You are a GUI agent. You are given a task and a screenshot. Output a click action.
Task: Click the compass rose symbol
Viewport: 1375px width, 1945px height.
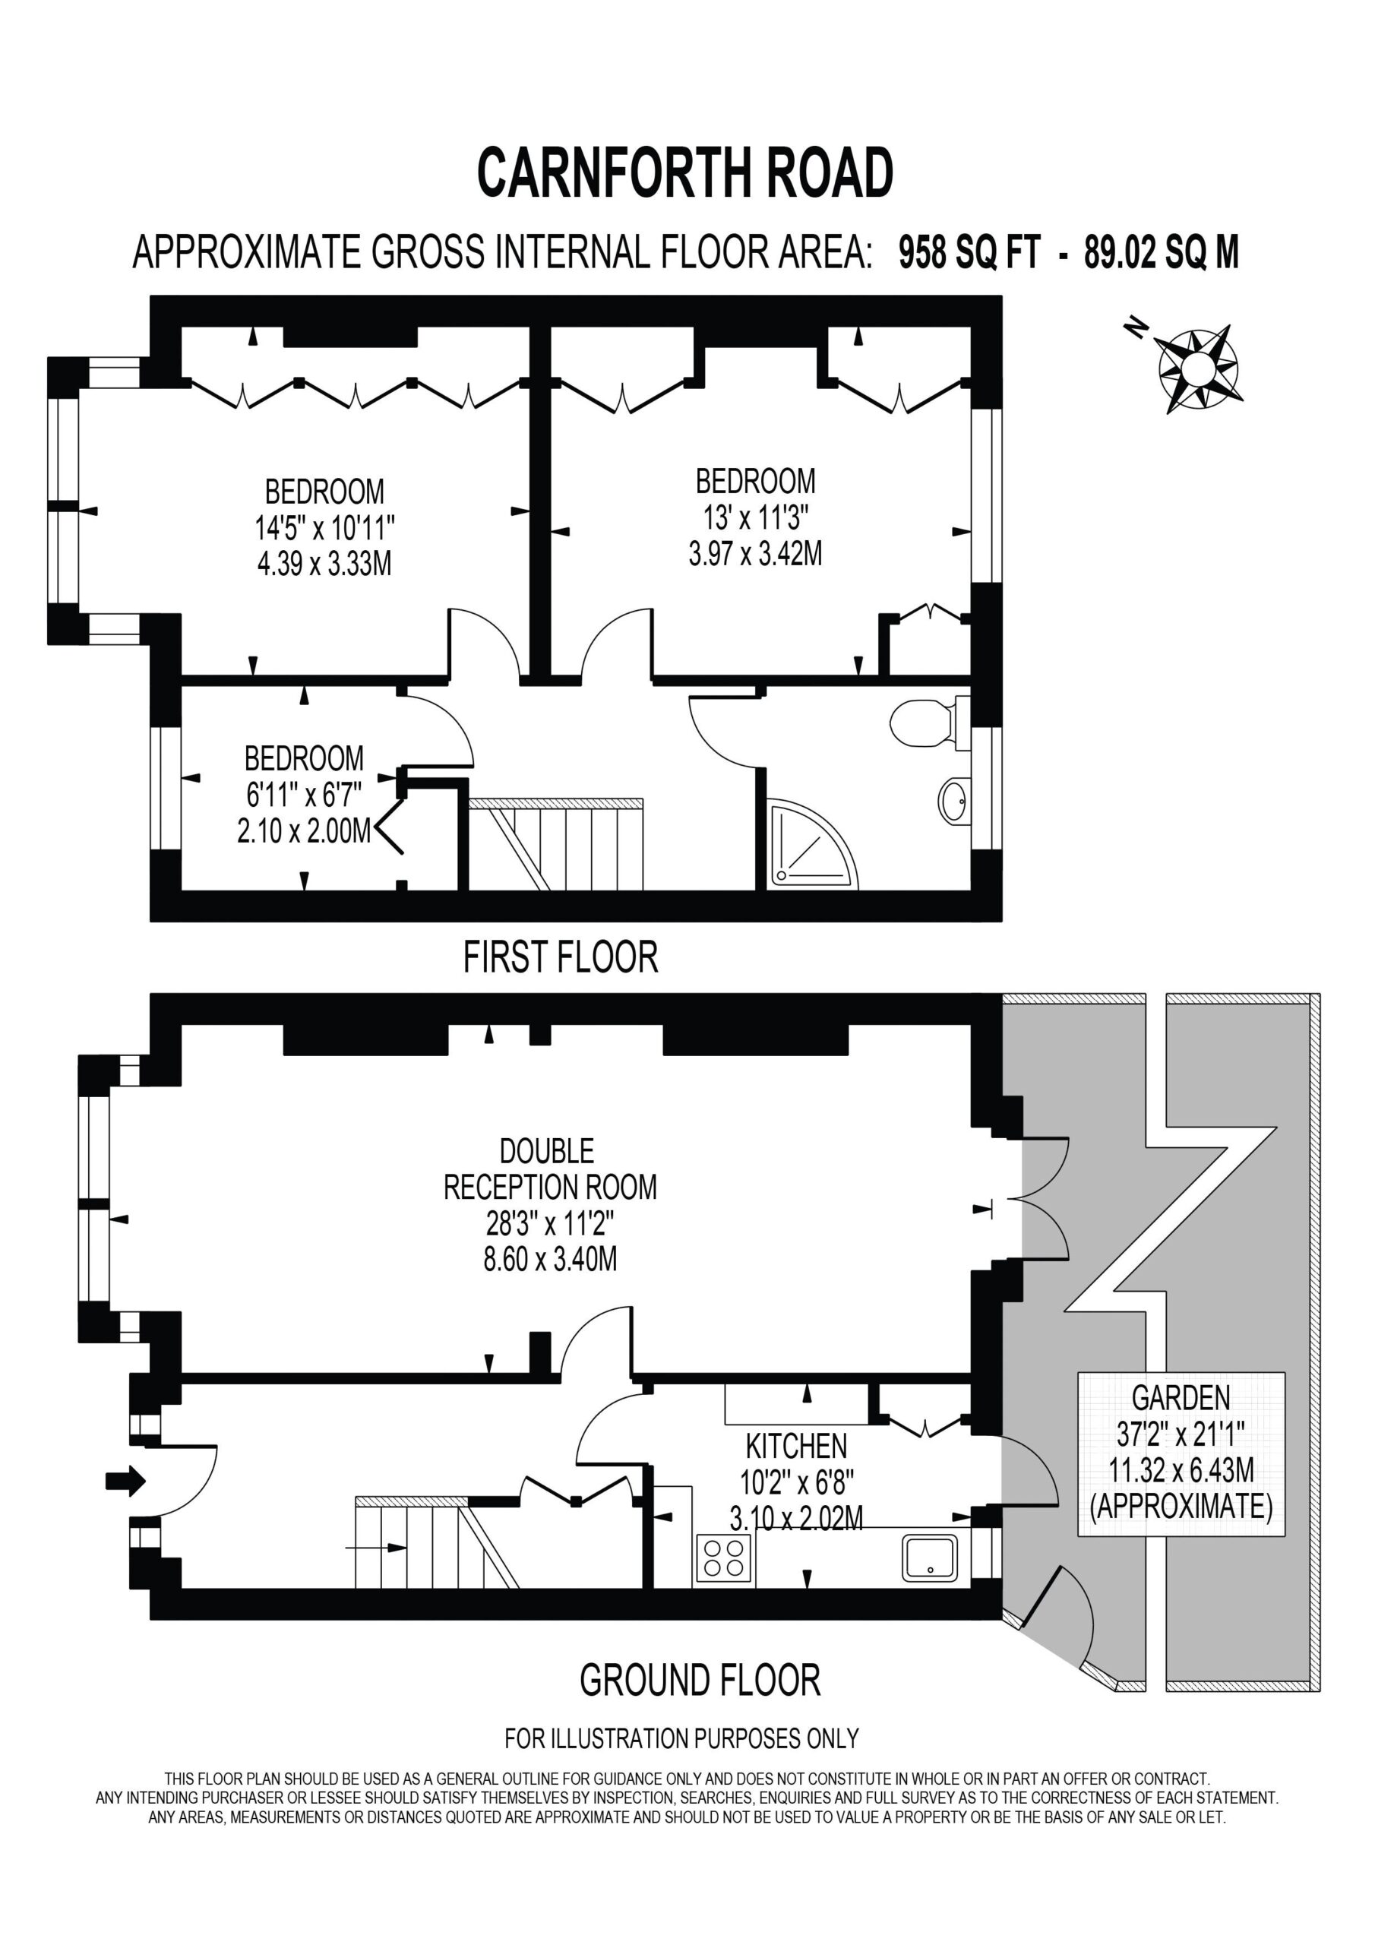[x=1197, y=368]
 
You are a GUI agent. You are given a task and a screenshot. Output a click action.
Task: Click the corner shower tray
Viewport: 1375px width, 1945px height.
[x=812, y=845]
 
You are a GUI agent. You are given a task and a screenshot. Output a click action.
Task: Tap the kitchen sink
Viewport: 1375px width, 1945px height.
[x=931, y=1557]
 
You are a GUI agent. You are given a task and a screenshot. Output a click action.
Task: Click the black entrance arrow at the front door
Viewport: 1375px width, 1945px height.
[x=125, y=1481]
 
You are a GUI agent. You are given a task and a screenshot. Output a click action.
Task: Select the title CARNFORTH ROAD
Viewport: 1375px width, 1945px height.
[x=684, y=172]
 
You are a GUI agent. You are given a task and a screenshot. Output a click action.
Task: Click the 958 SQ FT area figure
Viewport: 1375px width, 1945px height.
[x=969, y=252]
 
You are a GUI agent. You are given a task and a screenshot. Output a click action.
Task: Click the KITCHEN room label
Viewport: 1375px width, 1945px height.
[x=795, y=1445]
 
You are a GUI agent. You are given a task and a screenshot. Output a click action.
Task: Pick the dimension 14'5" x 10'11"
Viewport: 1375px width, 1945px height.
[x=325, y=529]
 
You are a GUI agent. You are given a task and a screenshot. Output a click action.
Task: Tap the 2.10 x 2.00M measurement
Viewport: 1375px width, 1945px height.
[x=304, y=831]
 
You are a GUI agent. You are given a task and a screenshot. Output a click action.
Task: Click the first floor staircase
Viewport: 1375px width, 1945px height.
[x=556, y=844]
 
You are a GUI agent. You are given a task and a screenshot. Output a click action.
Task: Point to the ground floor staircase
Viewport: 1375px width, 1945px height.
[x=437, y=1542]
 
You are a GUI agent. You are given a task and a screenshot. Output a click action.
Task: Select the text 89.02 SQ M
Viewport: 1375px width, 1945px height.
[x=1162, y=252]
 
